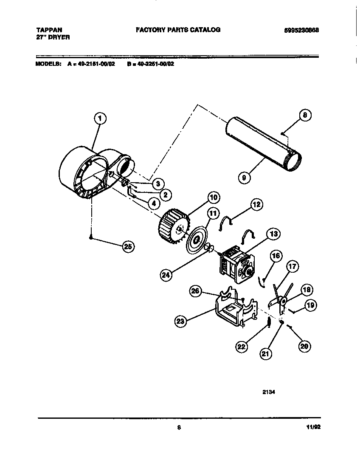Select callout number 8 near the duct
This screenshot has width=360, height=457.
(x=305, y=115)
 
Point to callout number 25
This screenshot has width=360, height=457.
(x=127, y=247)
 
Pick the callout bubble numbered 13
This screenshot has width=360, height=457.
(x=273, y=234)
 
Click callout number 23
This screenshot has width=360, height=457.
(x=181, y=322)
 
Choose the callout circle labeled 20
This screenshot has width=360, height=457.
(x=304, y=346)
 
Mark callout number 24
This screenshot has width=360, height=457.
(x=166, y=275)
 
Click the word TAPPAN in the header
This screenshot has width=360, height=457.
(x=49, y=30)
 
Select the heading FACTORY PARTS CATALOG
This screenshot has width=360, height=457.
(x=178, y=30)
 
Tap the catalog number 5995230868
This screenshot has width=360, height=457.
(x=301, y=30)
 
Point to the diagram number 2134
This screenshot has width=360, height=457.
(x=269, y=392)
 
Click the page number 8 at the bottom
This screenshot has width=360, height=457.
(x=179, y=428)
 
